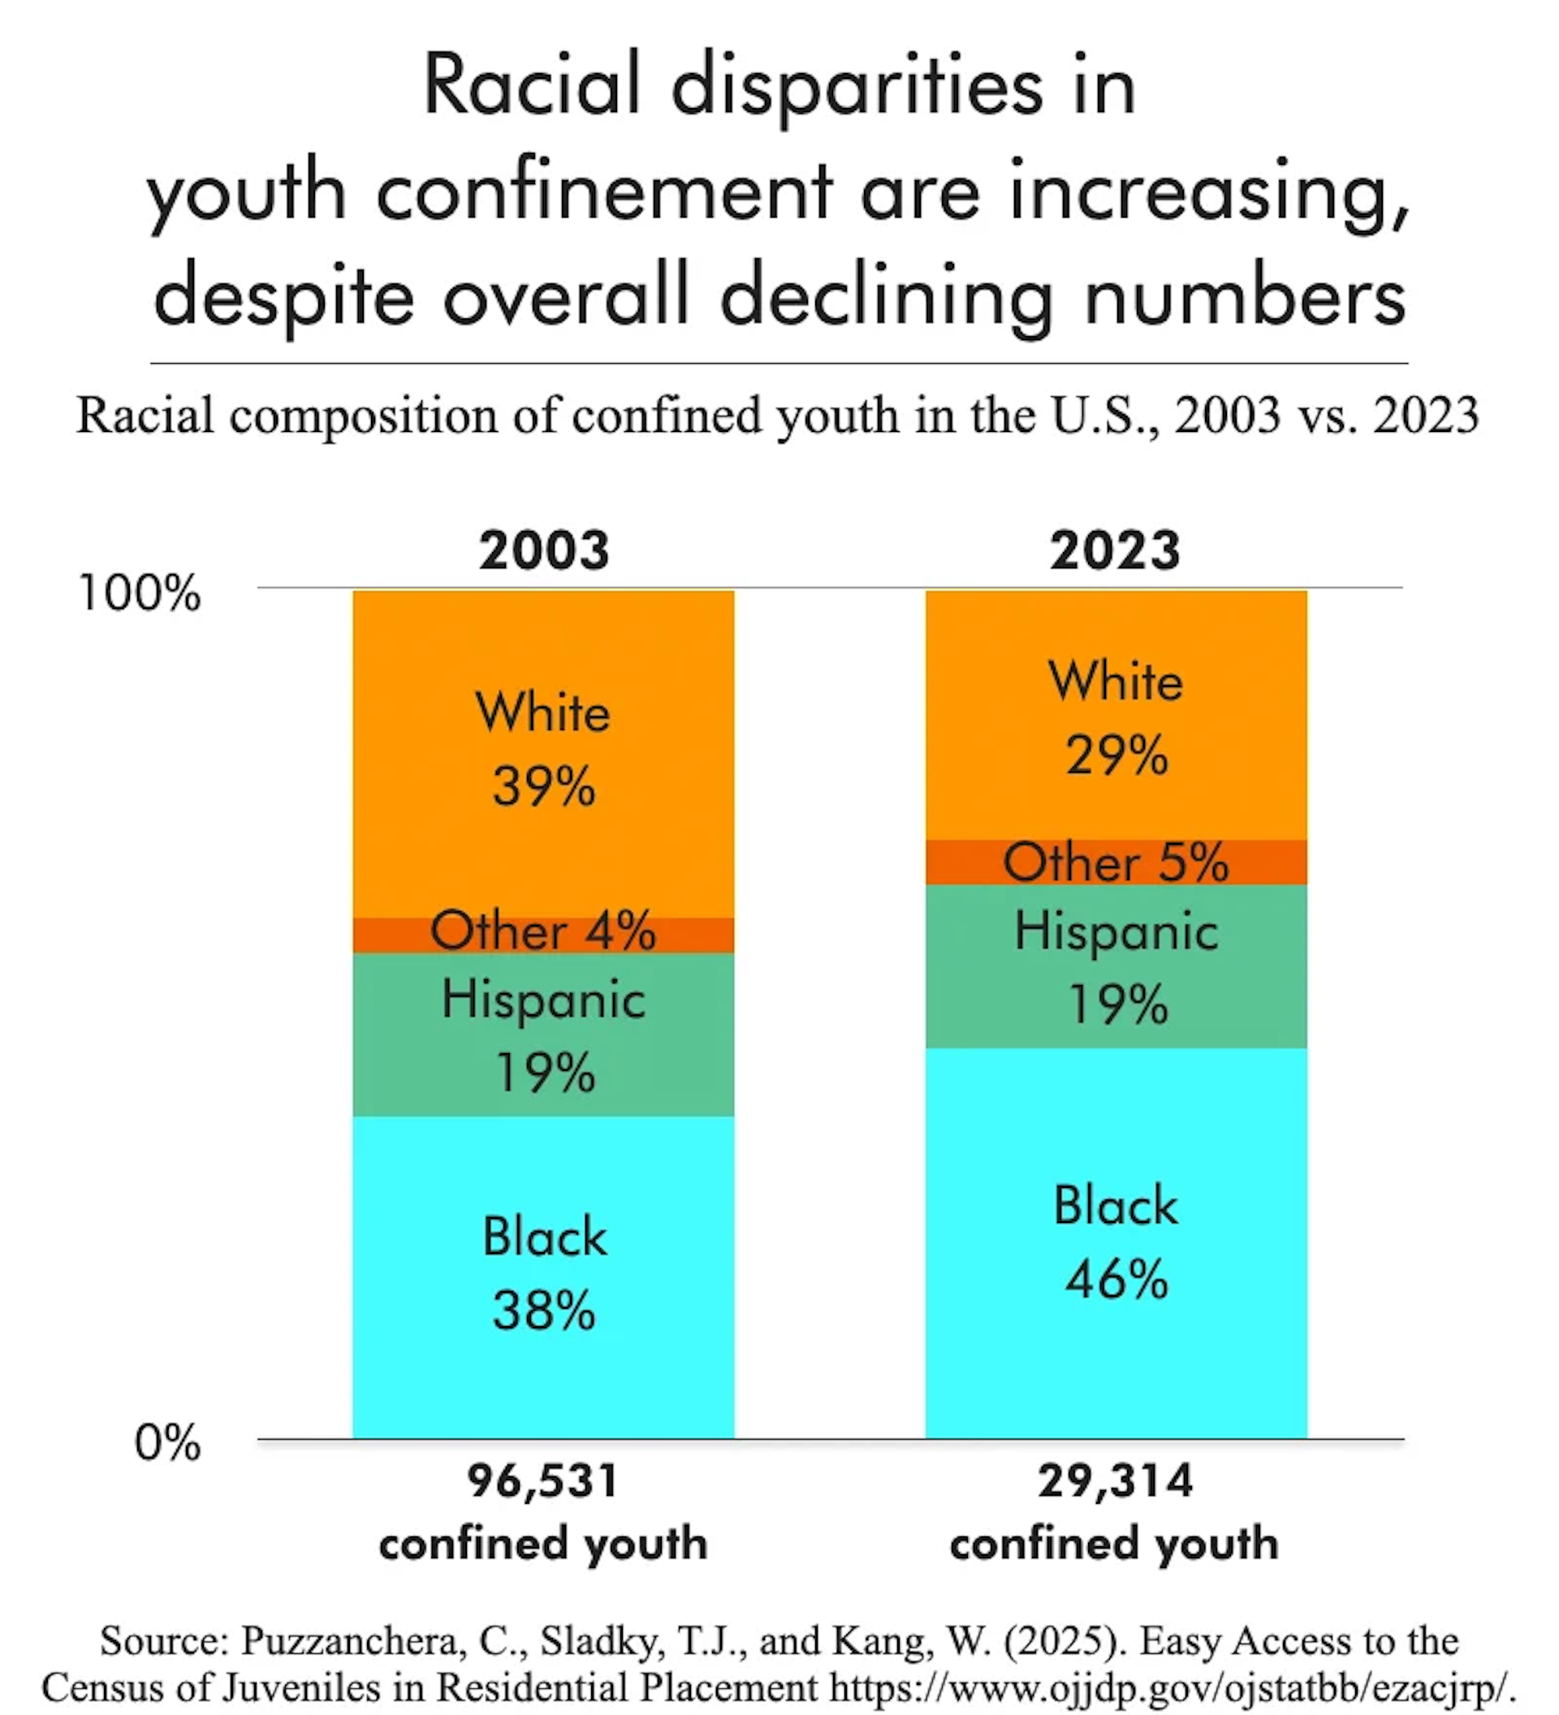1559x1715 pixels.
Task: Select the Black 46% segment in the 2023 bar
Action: click(x=1115, y=1242)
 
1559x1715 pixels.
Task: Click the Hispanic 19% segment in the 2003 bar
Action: click(x=542, y=1034)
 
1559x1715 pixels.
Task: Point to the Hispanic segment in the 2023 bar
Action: click(x=1115, y=965)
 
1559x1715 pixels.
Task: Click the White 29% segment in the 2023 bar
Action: click(x=1115, y=716)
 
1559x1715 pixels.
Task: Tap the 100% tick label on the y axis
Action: click(x=139, y=593)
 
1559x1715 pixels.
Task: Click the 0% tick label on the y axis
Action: click(x=166, y=1443)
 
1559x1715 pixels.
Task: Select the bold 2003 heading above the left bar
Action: click(x=543, y=551)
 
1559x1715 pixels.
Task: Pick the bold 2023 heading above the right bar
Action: click(x=1114, y=551)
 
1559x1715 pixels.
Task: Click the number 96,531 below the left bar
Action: click(x=542, y=1481)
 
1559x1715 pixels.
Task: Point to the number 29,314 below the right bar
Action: click(x=1114, y=1481)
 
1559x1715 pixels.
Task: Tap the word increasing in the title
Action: click(x=1207, y=194)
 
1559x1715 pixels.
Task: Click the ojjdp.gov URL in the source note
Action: click(x=1172, y=1686)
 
